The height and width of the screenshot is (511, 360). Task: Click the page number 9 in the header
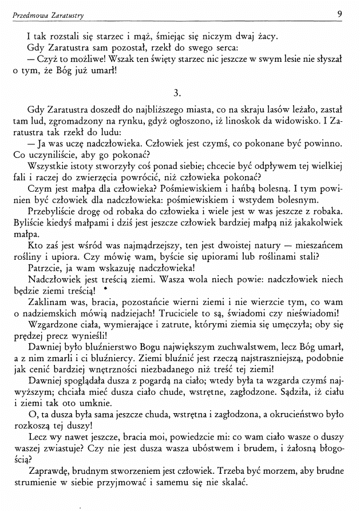(340, 13)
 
